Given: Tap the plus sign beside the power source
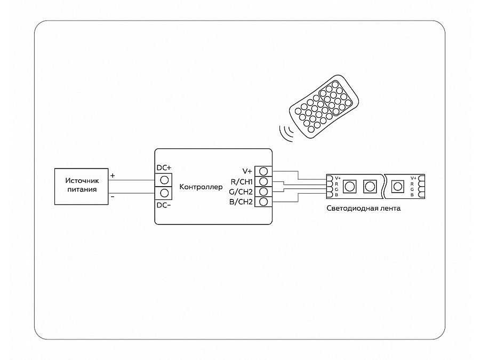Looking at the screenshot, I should click(112, 175).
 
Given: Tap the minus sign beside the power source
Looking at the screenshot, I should click(112, 197).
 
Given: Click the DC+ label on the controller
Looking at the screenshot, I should click(164, 168).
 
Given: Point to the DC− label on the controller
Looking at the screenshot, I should click(164, 205).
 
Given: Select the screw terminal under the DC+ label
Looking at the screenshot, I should click(164, 180).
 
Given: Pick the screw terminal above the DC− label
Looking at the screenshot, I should click(164, 193).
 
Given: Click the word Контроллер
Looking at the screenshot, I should click(201, 187).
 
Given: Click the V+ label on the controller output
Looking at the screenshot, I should click(247, 171).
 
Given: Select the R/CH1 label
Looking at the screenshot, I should click(242, 181).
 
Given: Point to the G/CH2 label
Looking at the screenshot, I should click(241, 191).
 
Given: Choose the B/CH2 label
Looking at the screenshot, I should click(241, 202).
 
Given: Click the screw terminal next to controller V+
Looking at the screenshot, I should click(263, 171).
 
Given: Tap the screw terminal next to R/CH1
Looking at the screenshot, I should click(263, 181).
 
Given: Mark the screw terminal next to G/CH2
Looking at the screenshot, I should click(263, 191).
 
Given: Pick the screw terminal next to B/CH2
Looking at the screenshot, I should click(263, 202).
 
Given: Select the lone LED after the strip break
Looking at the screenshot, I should click(397, 186).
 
